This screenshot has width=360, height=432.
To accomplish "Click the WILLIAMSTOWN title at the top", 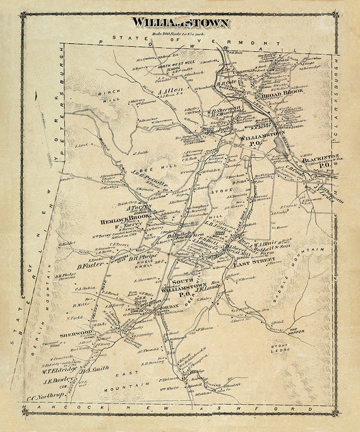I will pos(180,23).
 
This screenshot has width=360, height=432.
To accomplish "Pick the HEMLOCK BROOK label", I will pos(124,222).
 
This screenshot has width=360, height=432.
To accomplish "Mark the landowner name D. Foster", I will pos(91,266).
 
